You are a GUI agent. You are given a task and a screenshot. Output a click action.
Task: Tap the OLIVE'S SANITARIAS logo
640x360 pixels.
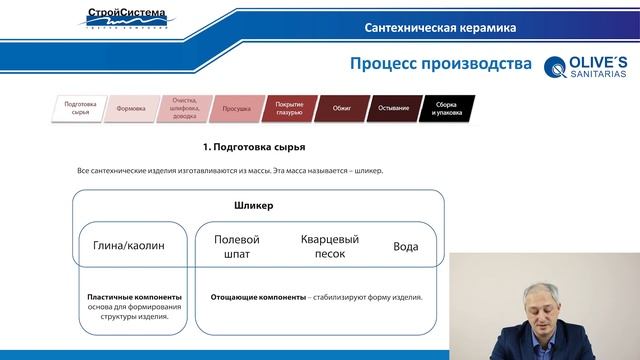[586, 67]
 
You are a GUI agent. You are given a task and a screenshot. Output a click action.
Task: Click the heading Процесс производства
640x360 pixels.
[440, 65]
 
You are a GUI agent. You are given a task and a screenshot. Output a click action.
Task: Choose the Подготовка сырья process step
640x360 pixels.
[80, 108]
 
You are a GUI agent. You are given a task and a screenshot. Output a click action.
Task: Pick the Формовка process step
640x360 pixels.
[131, 108]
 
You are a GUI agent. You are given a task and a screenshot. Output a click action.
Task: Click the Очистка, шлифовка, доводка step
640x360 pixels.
[184, 108]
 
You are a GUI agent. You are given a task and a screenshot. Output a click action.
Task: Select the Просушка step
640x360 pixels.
[236, 108]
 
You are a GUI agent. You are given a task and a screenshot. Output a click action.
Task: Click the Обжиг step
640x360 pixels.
[340, 108]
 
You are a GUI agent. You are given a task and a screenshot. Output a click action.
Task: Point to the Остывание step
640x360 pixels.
[393, 108]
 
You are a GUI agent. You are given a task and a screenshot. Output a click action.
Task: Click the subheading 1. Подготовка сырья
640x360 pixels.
[253, 147]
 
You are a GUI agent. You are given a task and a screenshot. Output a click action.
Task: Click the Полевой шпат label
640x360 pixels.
[237, 247]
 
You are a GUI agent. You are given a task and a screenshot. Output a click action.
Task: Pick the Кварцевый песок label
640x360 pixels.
[329, 247]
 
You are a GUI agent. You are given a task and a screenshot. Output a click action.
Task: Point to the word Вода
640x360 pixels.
[406, 246]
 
